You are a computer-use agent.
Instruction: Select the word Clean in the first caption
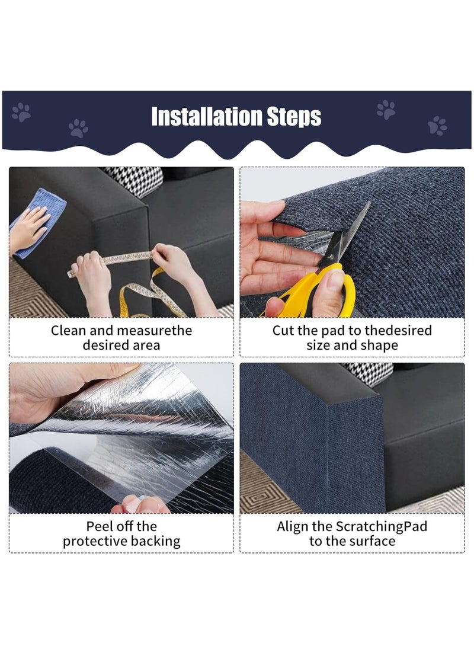pos(69,331)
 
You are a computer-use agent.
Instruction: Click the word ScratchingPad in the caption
pos(382,526)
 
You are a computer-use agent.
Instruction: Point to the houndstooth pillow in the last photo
pos(370,373)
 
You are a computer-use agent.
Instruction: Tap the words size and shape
pos(352,346)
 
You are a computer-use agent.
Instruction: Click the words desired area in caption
pos(121,346)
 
